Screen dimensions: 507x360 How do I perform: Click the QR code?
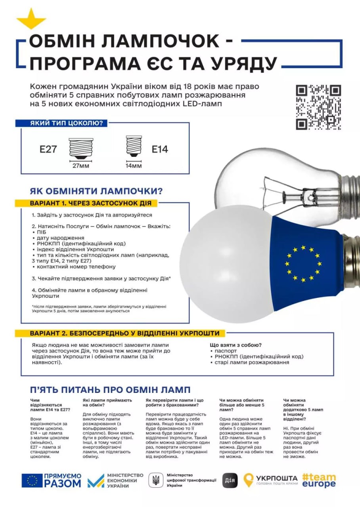(x=318, y=107)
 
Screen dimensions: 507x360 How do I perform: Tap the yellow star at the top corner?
(x=31, y=19)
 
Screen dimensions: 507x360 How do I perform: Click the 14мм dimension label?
(x=134, y=166)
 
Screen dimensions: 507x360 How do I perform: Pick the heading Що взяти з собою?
(x=236, y=345)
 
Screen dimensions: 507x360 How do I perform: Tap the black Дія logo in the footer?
(x=230, y=480)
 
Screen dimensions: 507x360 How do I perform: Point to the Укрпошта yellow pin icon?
(x=249, y=480)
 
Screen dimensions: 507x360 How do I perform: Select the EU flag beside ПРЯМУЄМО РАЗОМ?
(x=32, y=480)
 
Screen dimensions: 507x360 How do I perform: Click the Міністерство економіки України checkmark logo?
(x=96, y=481)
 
